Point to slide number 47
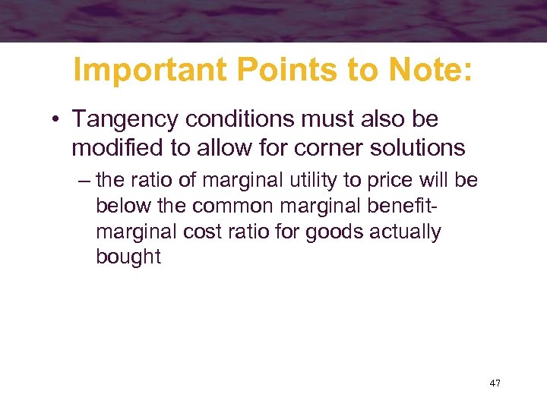tap(495, 383)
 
